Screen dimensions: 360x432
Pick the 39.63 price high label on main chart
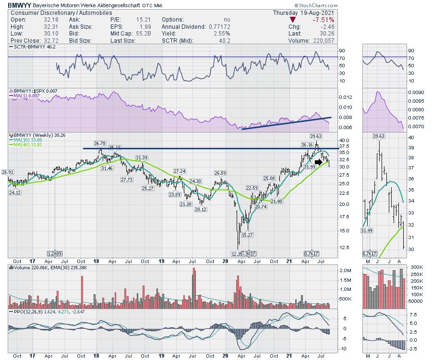point(315,136)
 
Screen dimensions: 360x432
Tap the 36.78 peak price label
point(100,143)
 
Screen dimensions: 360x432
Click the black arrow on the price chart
point(319,162)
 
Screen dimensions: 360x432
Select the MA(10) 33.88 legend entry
point(27,140)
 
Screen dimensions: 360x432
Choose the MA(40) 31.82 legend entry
point(27,145)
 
